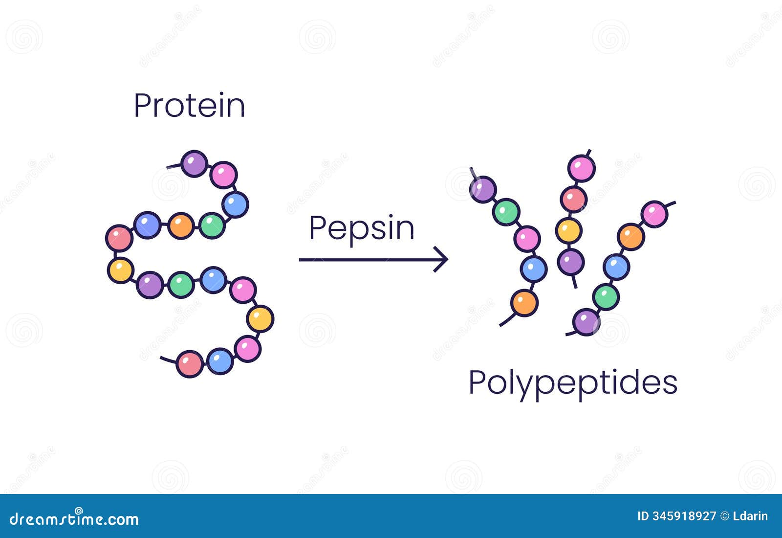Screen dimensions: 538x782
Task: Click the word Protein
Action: (x=189, y=106)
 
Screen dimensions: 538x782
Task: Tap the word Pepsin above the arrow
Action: (x=362, y=228)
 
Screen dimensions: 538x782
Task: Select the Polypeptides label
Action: (x=573, y=383)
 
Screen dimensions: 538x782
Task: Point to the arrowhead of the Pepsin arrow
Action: (x=442, y=260)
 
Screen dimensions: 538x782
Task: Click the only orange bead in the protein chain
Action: (x=181, y=226)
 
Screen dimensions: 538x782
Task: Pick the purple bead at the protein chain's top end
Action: (x=194, y=164)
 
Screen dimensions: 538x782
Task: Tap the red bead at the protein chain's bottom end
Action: (x=189, y=364)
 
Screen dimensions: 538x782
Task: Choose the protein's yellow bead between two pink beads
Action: (x=260, y=319)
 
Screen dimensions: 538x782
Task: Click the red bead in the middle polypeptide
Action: (x=573, y=199)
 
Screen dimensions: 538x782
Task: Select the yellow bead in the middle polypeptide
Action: (x=568, y=230)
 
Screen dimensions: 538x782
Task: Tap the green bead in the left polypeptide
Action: (x=506, y=212)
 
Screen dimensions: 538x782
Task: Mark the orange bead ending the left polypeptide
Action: (x=524, y=303)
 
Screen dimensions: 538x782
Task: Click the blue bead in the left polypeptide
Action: (x=534, y=269)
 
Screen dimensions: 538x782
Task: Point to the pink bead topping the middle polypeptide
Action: (x=581, y=168)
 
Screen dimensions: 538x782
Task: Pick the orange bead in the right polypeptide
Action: (x=631, y=237)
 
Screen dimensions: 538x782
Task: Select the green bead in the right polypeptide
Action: (x=606, y=297)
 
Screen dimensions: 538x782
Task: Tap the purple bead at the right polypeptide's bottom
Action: (x=586, y=322)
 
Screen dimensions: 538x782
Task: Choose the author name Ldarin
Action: (x=750, y=516)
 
